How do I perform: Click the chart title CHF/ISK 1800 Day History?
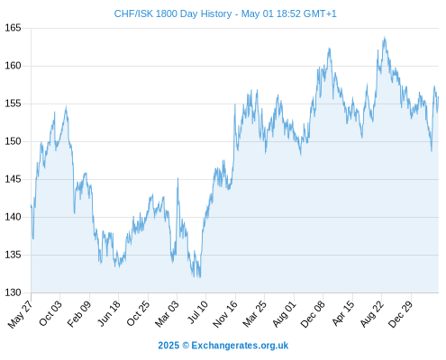tap(173, 13)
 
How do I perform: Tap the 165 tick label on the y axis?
tap(13, 28)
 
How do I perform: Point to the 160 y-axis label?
tap(13, 66)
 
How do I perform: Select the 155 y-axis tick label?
tap(13, 103)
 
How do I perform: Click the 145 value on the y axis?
tap(13, 179)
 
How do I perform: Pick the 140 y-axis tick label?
tap(13, 217)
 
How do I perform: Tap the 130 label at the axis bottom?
tap(13, 292)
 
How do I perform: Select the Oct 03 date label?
tap(50, 313)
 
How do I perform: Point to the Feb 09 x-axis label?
tap(78, 313)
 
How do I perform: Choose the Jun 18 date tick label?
tap(109, 313)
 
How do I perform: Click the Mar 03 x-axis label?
tap(167, 313)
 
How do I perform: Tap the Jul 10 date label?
tap(197, 311)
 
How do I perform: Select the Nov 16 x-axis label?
tap(225, 314)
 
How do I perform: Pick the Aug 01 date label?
tap(284, 313)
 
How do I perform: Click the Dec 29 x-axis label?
tap(401, 314)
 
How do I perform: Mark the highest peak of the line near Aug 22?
tap(384, 37)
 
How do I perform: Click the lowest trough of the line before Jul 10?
tap(200, 277)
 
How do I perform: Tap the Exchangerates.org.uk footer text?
tap(240, 346)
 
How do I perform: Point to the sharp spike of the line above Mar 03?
tap(177, 178)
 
